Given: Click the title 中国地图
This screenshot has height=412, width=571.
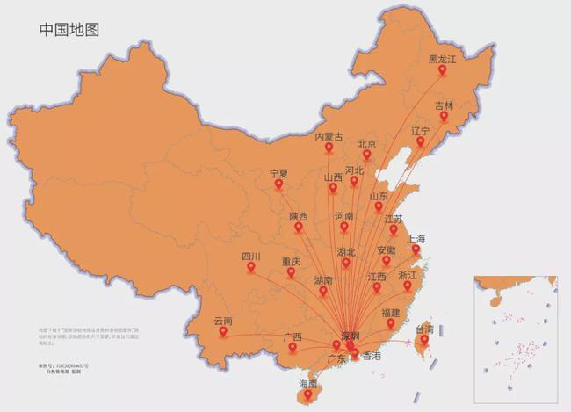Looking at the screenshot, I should (69, 29).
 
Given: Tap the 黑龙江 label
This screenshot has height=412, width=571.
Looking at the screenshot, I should (444, 60).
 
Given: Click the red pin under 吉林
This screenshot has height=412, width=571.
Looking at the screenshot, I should (445, 117).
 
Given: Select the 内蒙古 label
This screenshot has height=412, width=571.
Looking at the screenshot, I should (329, 136).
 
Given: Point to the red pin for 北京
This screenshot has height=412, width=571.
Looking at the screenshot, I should (367, 155).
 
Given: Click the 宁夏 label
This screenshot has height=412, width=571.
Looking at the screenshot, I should (278, 173).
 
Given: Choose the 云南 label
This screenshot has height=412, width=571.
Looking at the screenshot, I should (223, 322).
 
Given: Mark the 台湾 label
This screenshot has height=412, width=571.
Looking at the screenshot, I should (424, 329).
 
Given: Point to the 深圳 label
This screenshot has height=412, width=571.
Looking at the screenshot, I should (350, 336).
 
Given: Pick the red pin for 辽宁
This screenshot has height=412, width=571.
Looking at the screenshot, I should (421, 142).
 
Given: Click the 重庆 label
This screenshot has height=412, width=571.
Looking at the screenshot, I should (292, 262).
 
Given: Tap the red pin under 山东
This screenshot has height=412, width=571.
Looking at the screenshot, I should (379, 208).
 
